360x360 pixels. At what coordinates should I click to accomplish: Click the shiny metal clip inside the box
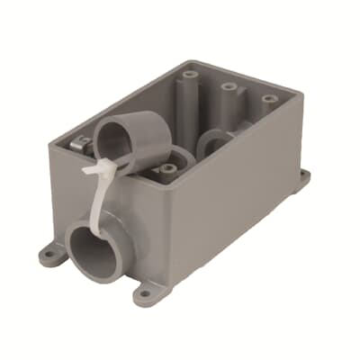click(80, 141)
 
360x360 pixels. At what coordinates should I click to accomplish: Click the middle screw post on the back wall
click(229, 87)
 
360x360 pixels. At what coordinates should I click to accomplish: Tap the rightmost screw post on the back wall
click(267, 100)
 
